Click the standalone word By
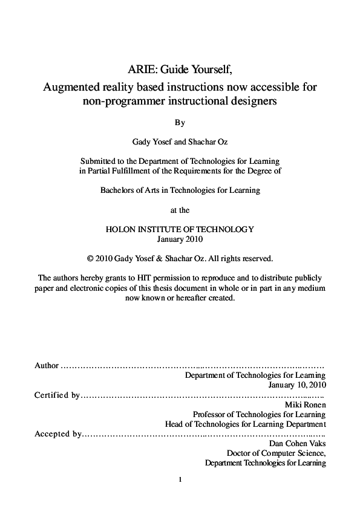coord(180,122)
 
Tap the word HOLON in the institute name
coord(120,229)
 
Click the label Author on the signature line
coord(47,365)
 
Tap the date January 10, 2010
coord(297,384)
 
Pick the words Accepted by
coord(58,433)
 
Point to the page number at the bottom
coord(180,480)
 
